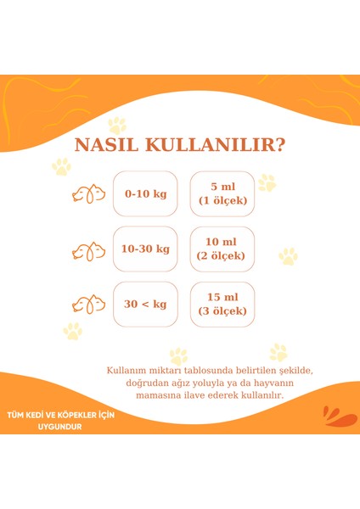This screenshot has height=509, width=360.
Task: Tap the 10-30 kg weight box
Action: [145, 249]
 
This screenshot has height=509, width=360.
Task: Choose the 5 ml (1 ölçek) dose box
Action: [222, 193]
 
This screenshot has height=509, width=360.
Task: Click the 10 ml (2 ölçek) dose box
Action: [222, 249]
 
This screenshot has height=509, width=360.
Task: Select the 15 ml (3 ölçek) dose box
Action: [222, 304]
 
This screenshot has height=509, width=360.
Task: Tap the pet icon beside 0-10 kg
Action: [89, 193]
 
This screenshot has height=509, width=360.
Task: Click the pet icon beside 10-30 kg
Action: [89, 250]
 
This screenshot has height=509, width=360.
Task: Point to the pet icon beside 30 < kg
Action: [89, 304]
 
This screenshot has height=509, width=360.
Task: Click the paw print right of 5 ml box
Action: [267, 182]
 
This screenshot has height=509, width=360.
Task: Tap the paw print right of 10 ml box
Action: [289, 255]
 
